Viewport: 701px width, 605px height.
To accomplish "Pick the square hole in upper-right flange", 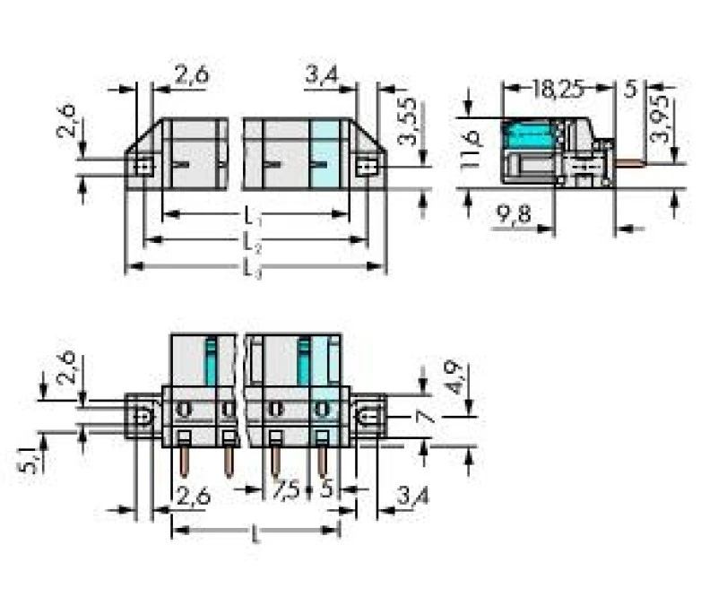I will coord(364,166).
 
